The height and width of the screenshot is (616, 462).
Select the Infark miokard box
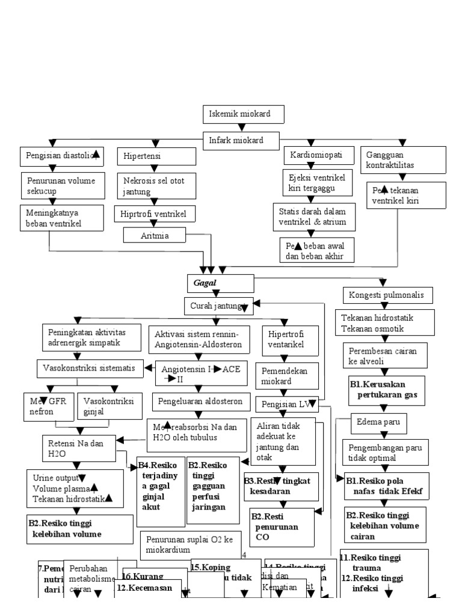point(241,141)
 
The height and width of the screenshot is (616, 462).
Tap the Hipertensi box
point(157,156)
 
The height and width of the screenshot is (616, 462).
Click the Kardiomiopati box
point(316,155)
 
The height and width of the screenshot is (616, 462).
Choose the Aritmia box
point(155,236)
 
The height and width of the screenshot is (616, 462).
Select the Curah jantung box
point(218,306)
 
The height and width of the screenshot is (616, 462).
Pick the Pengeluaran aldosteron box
point(200,400)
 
